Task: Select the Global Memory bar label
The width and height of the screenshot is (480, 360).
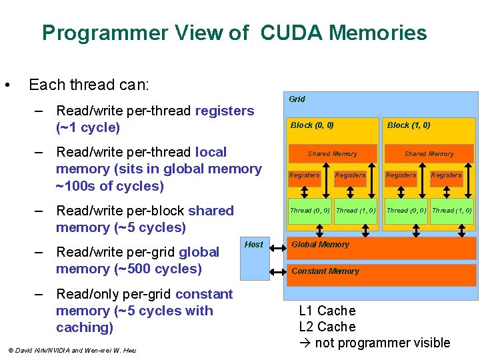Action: pos(320,245)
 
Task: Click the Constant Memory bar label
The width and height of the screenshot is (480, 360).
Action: pos(325,271)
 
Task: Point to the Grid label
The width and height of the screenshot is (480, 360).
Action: pos(297,99)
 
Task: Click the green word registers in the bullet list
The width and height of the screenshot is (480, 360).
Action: pos(225,111)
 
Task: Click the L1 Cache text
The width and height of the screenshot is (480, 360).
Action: pos(327,311)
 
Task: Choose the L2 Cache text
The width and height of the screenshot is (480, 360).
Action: pos(327,327)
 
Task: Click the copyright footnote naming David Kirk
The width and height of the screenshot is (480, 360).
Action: pos(71,350)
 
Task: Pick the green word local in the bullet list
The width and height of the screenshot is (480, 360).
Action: pos(211,152)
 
